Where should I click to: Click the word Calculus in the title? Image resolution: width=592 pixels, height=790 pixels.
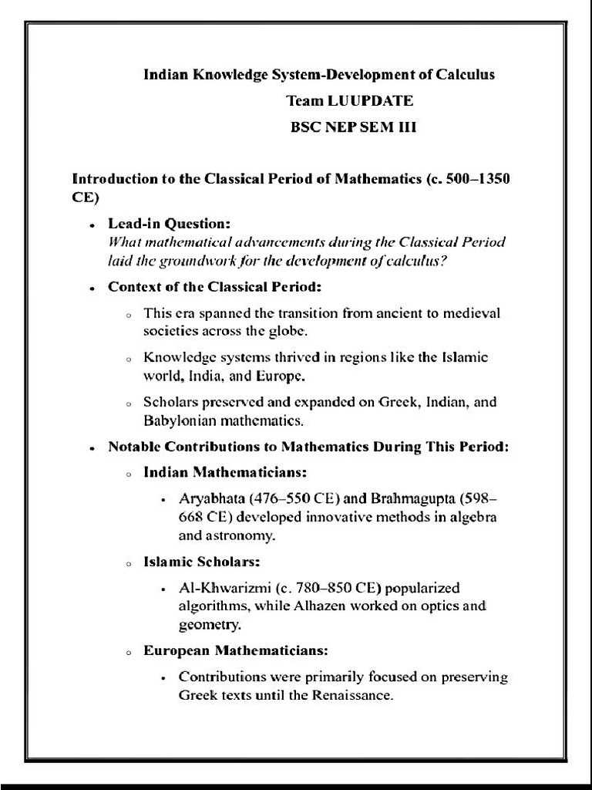click(465, 75)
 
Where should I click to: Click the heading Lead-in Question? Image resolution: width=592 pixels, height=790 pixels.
click(169, 224)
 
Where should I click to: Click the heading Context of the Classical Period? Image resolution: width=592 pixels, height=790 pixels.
click(214, 287)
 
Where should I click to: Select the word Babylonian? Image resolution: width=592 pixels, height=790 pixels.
click(180, 421)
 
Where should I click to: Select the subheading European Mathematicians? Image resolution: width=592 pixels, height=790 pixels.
click(236, 650)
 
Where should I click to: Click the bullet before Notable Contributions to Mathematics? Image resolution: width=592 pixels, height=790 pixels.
click(92, 448)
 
